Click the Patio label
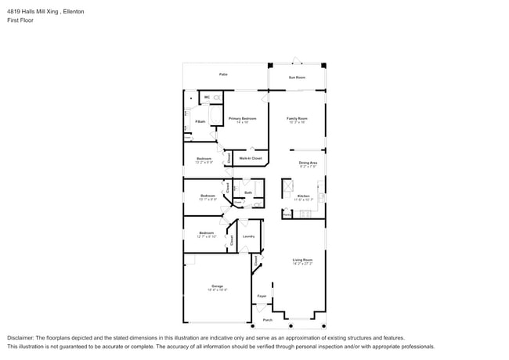click(223, 74)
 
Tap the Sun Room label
click(297, 77)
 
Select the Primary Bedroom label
click(243, 118)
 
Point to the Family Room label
click(297, 118)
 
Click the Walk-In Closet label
click(251, 158)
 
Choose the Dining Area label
click(308, 162)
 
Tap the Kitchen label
click(303, 196)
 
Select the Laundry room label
click(248, 236)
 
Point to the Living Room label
click(302, 259)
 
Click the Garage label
click(217, 286)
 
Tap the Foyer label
click(262, 296)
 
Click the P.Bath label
click(200, 121)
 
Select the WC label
click(206, 97)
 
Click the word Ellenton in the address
click(74, 12)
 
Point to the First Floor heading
click(20, 20)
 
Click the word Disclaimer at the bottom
click(21, 337)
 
